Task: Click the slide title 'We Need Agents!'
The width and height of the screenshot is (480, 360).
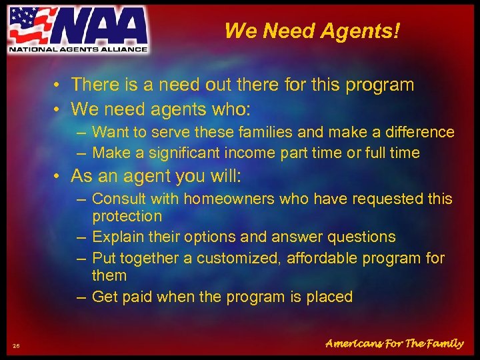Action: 312,31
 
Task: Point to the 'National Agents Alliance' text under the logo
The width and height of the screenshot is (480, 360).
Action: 77,49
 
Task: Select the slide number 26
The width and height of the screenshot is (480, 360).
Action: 16,345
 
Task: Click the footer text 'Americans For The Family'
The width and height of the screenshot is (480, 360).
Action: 394,344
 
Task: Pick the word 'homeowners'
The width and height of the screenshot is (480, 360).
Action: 230,199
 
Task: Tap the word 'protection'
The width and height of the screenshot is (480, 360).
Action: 127,217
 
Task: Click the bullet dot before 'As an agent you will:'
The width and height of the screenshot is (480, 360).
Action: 59,177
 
